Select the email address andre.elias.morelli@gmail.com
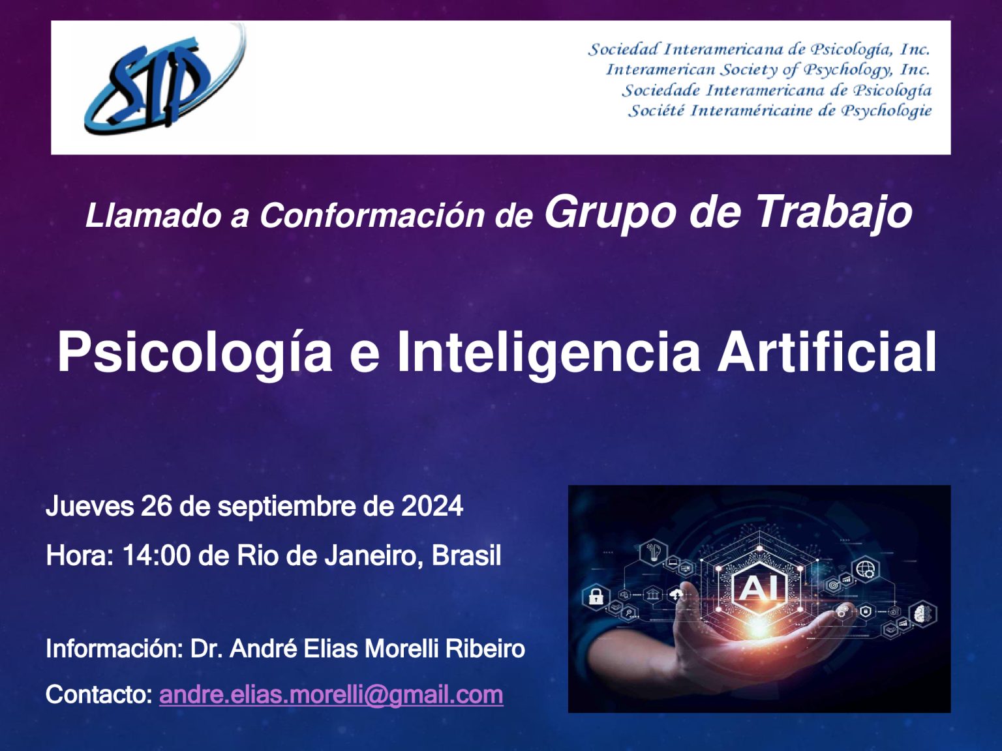[331, 695]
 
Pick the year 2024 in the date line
[432, 506]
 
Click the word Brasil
[466, 556]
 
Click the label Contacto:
[99, 694]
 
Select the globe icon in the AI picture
[865, 568]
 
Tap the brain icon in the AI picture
[922, 613]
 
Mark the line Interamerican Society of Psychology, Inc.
[768, 69]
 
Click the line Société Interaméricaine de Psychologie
[780, 111]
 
